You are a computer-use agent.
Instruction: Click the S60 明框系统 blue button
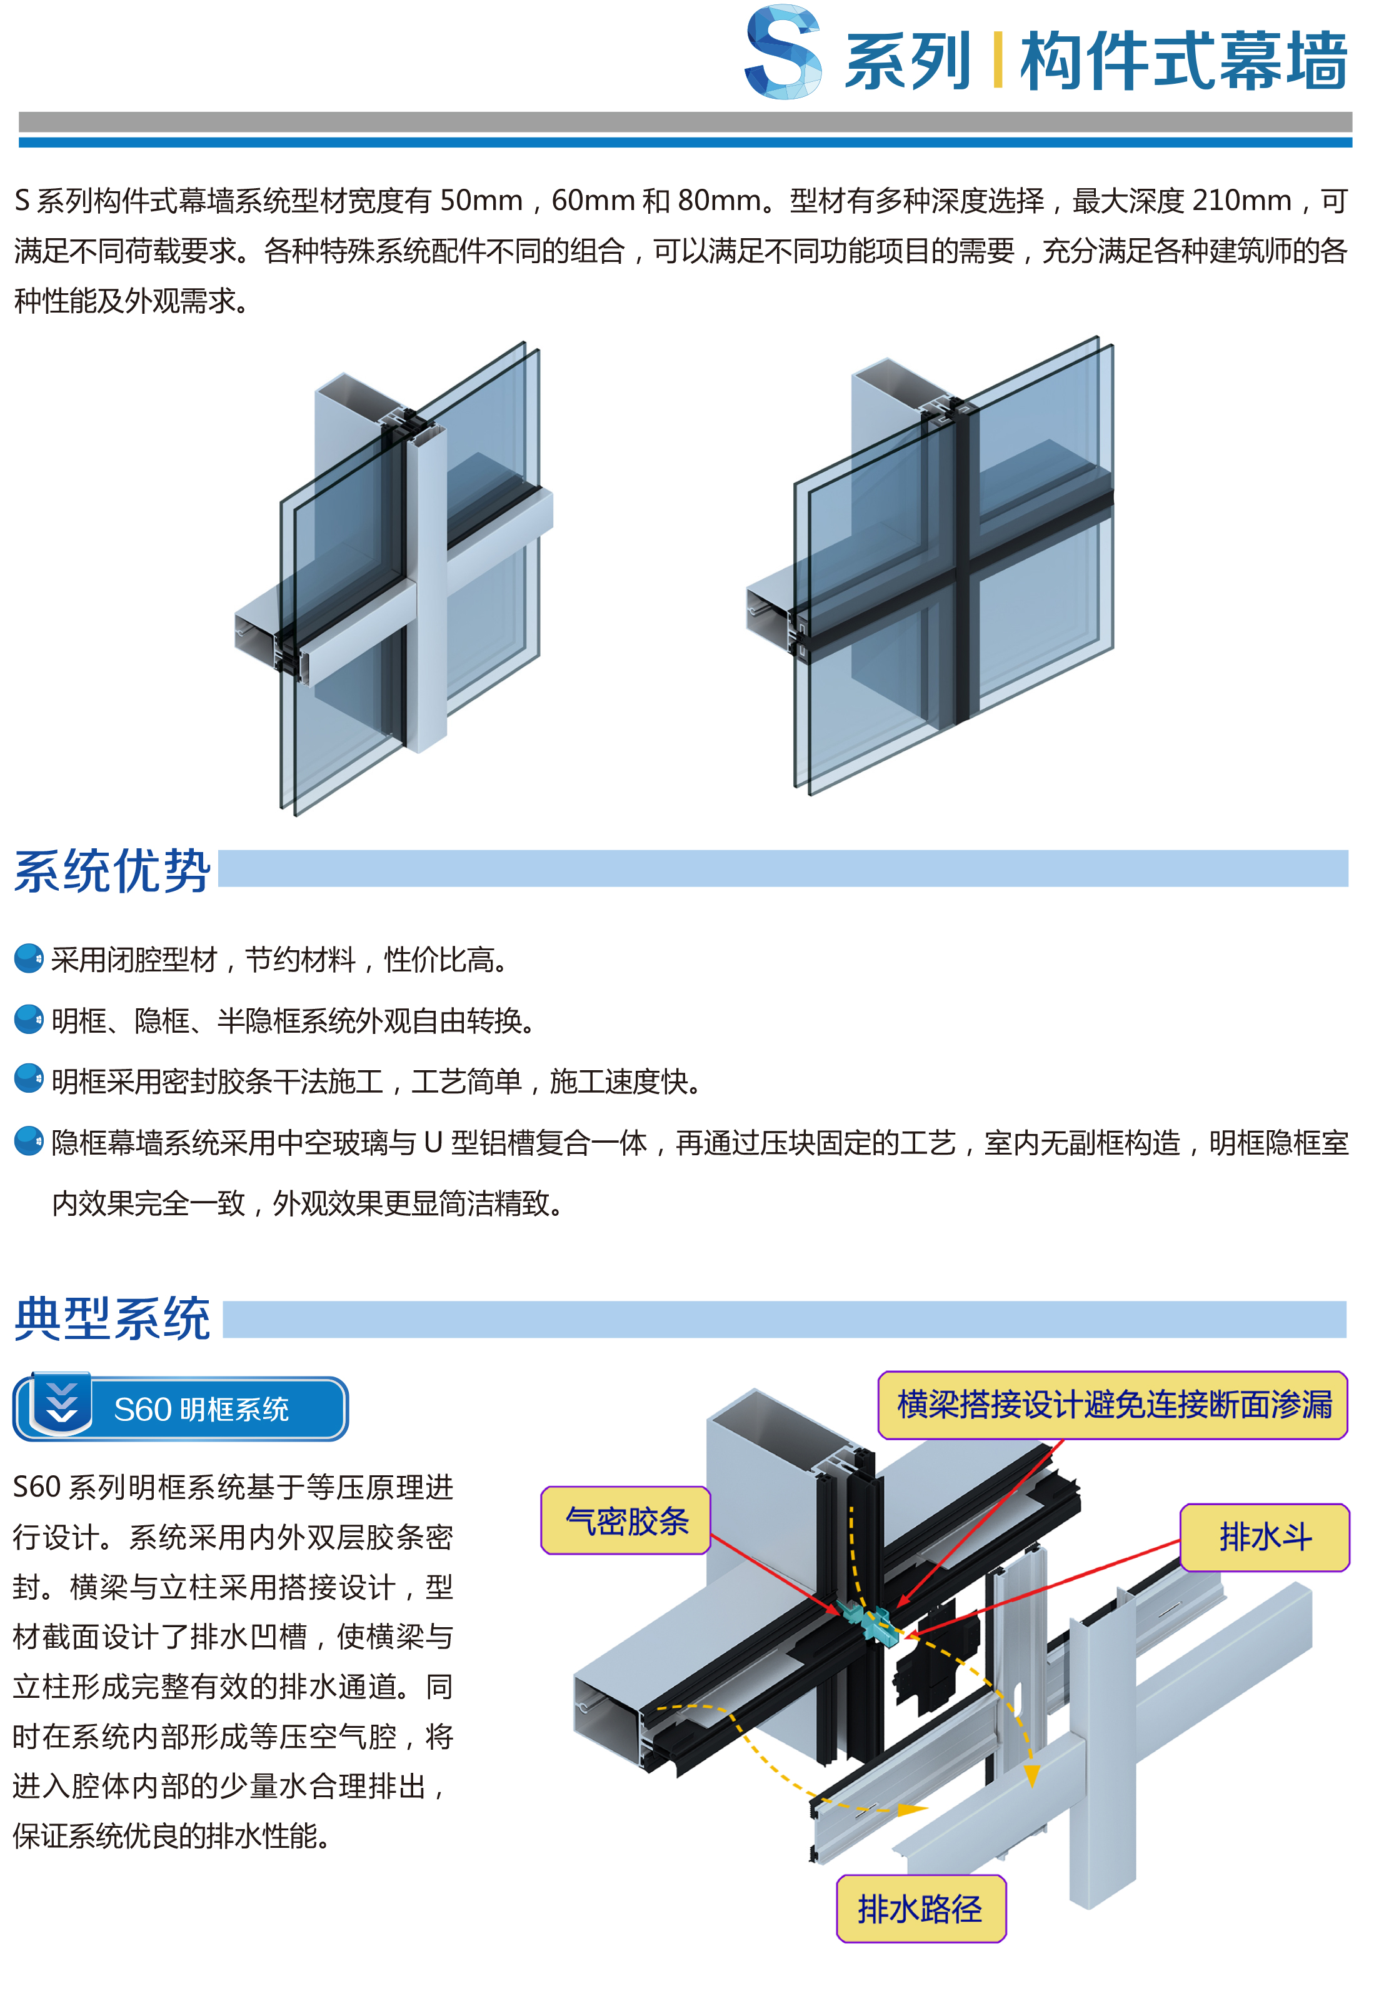pos(180,1408)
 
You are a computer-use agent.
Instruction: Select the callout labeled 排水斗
pos(1264,1537)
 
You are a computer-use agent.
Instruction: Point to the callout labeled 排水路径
pos(920,1908)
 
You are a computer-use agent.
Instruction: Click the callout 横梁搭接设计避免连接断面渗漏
pos(1113,1404)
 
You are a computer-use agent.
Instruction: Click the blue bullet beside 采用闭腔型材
pos(29,958)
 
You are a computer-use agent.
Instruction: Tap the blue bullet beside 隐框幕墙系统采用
pos(29,1140)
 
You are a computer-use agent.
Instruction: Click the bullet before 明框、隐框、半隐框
pos(29,1019)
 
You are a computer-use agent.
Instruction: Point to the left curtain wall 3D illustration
pos(394,576)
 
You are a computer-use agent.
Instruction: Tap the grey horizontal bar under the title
pos(685,121)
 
